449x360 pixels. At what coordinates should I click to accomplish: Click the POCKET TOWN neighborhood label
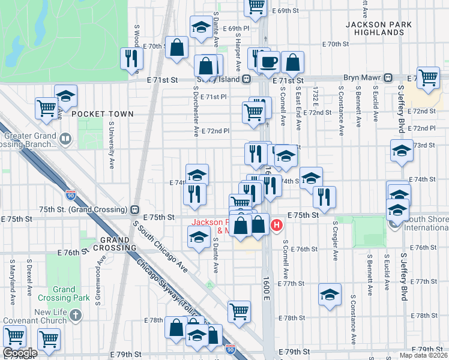tap(102, 113)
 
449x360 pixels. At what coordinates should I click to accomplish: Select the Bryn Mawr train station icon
tap(388, 78)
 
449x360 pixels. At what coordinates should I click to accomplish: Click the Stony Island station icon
tap(246, 79)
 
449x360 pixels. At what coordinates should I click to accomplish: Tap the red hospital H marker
tap(277, 226)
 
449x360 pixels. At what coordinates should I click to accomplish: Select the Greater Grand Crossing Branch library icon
tap(65, 140)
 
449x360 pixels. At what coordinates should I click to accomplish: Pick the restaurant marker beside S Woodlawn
tap(132, 58)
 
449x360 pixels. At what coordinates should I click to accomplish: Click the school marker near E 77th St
tap(330, 294)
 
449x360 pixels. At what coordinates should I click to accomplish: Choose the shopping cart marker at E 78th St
tap(239, 311)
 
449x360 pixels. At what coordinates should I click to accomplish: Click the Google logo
tap(19, 353)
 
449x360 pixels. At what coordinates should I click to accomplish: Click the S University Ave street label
tap(112, 145)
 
